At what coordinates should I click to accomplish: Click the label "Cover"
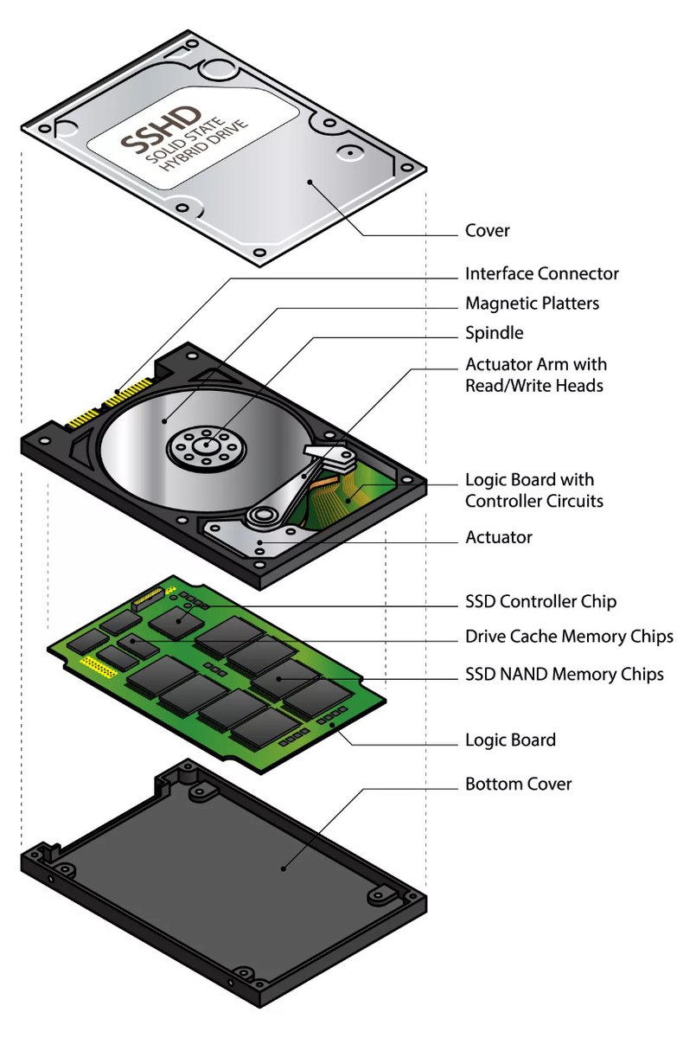(488, 231)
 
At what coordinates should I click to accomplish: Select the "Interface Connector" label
(542, 274)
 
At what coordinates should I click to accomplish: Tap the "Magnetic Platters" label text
(532, 304)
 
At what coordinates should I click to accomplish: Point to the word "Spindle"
(494, 333)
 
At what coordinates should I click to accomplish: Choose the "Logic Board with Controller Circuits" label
(533, 490)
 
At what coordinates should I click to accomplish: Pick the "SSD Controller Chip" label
(540, 601)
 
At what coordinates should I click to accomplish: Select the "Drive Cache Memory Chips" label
(569, 637)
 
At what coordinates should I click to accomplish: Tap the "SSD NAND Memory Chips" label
(565, 674)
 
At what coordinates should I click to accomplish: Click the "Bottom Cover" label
(519, 785)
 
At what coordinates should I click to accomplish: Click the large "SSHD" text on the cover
(162, 130)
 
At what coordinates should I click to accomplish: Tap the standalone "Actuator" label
(499, 537)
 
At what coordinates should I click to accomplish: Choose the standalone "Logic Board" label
(510, 740)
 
